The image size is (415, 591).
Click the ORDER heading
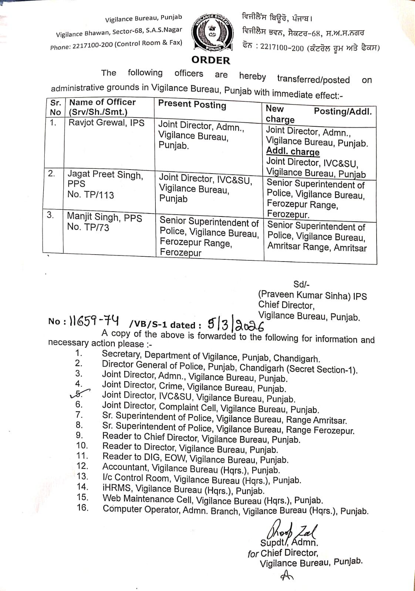point(211,60)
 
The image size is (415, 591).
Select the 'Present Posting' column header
point(192,105)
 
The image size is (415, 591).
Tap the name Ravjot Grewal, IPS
point(107,123)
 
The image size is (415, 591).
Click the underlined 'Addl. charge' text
point(293,152)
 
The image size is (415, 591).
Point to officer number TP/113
point(91,195)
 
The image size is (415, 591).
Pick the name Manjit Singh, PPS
point(104,217)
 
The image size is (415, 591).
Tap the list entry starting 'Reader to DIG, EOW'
point(195,458)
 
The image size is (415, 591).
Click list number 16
point(82,508)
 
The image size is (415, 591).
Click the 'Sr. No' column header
point(55,107)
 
